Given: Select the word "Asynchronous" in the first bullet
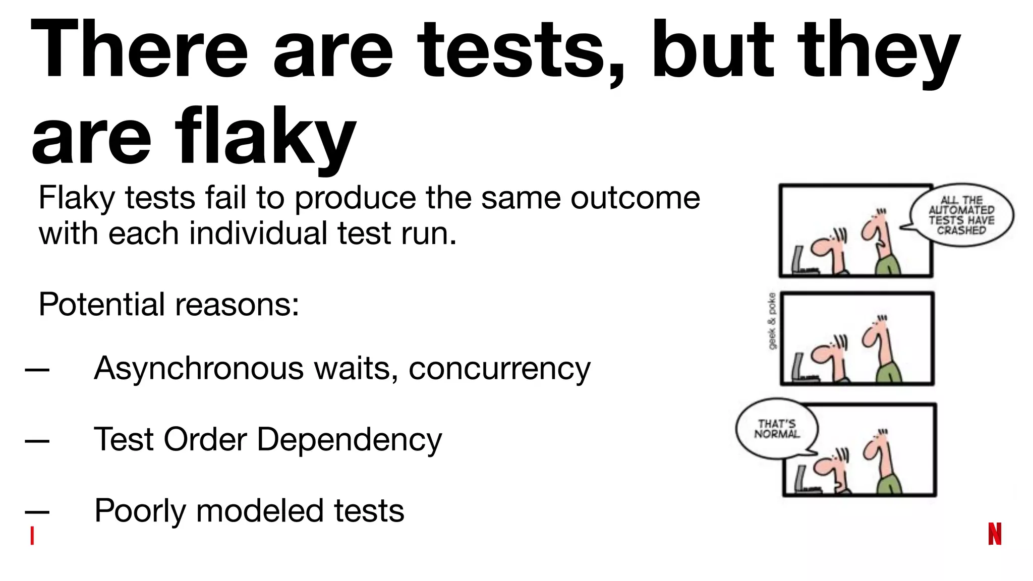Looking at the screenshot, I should [x=199, y=368].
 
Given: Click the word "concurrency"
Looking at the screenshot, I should [x=499, y=369].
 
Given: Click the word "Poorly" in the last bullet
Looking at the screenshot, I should [x=140, y=511].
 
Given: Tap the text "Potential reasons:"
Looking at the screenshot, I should [x=169, y=305].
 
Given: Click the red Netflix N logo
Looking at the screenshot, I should [x=995, y=534].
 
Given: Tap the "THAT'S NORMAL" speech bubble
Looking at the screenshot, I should [x=777, y=429].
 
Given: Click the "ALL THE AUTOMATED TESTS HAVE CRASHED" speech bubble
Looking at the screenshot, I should [x=961, y=215].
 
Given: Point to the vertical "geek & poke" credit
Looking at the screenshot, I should [x=772, y=321].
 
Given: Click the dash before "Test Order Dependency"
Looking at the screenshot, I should [x=37, y=441].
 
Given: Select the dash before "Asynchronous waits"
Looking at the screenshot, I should [x=37, y=370].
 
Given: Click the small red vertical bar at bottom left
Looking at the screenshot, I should [x=32, y=536].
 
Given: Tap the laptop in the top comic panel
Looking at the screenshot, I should [x=800, y=261].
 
